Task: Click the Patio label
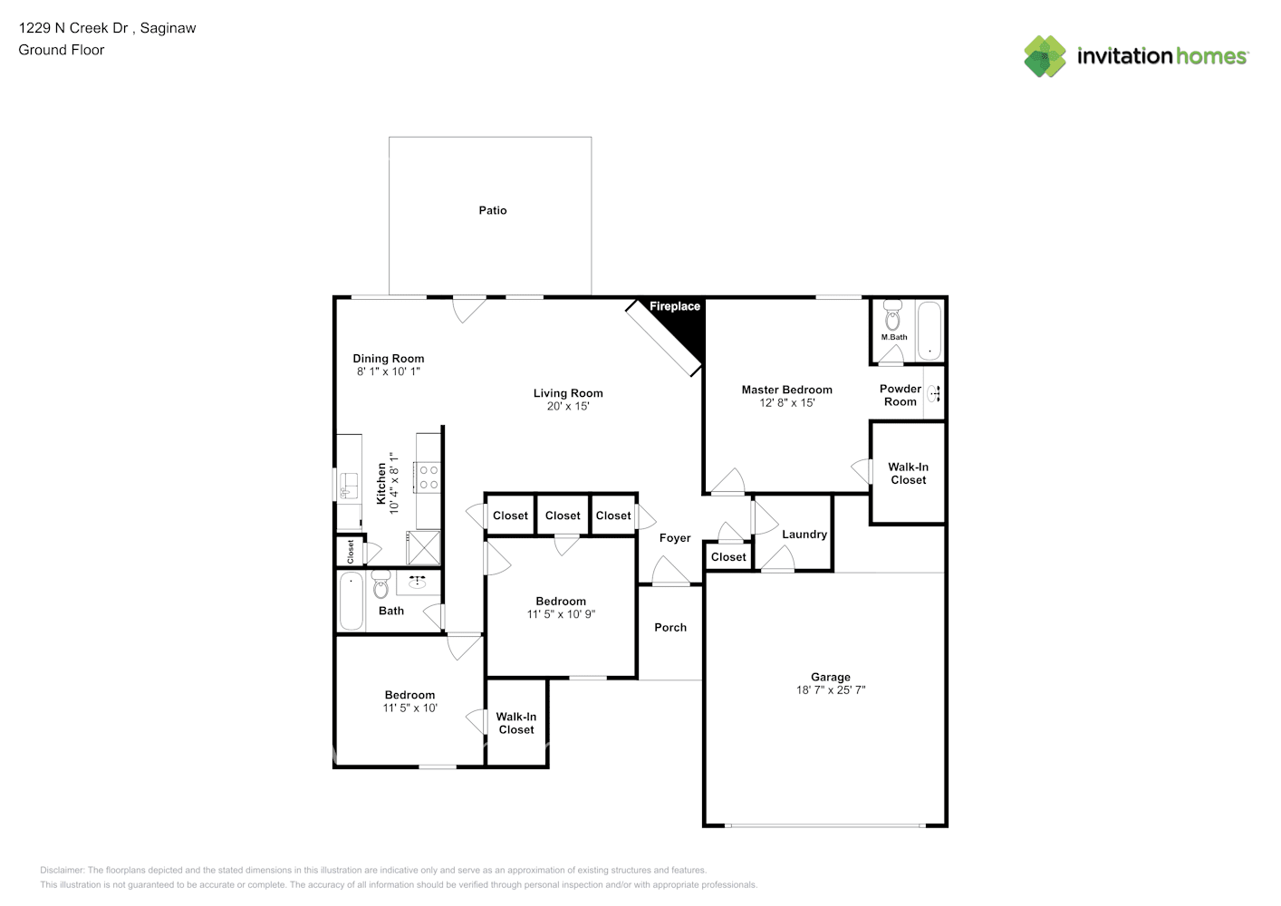click(493, 210)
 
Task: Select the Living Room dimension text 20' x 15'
click(568, 406)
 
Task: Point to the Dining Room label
click(389, 359)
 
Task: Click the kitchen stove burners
click(429, 477)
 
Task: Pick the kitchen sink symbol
click(348, 486)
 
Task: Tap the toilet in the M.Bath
click(892, 315)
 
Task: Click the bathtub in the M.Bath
click(929, 331)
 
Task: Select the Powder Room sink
click(934, 393)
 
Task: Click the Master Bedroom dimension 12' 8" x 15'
click(787, 402)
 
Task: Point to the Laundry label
click(804, 535)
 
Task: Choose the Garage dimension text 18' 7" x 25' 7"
click(831, 689)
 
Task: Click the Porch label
click(670, 628)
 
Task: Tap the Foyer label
click(675, 538)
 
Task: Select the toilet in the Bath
click(380, 584)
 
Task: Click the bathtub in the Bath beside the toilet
click(352, 602)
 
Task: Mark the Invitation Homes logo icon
click(1045, 56)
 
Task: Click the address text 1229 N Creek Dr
click(73, 28)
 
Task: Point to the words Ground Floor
click(62, 51)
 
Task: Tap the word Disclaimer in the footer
click(62, 870)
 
